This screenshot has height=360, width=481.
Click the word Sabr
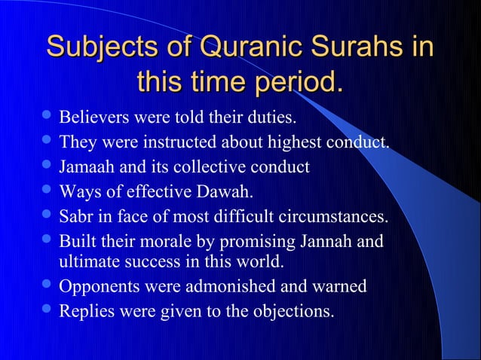75,217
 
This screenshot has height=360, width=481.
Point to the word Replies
84,310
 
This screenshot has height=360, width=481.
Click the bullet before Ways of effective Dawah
47,190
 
